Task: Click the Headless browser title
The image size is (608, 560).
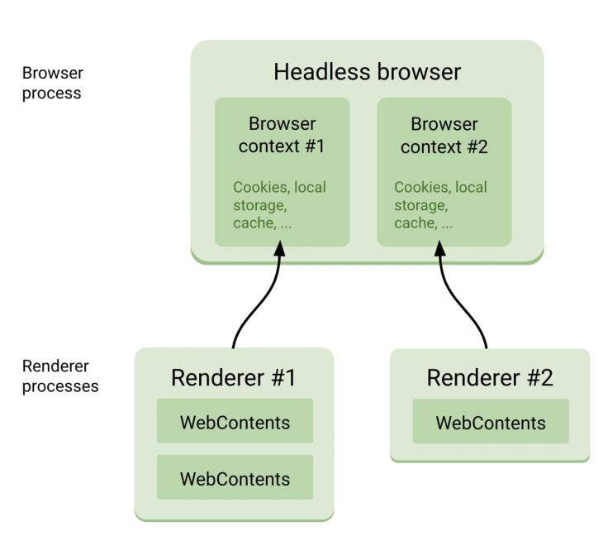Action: [x=367, y=72]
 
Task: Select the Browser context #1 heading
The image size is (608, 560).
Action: [x=282, y=135]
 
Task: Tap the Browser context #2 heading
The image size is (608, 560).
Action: [x=444, y=135]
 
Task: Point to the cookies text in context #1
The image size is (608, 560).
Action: [x=278, y=205]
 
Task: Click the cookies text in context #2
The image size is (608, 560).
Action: [x=440, y=205]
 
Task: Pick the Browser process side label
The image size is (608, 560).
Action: [x=51, y=83]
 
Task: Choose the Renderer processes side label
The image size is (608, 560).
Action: [x=60, y=376]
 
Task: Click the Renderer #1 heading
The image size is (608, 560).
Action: [x=233, y=378]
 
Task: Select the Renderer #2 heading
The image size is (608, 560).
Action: [x=489, y=378]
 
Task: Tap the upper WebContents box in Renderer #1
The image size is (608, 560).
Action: [x=235, y=422]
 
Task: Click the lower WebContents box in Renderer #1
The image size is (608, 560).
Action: [x=235, y=478]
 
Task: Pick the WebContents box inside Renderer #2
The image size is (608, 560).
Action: [x=491, y=422]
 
